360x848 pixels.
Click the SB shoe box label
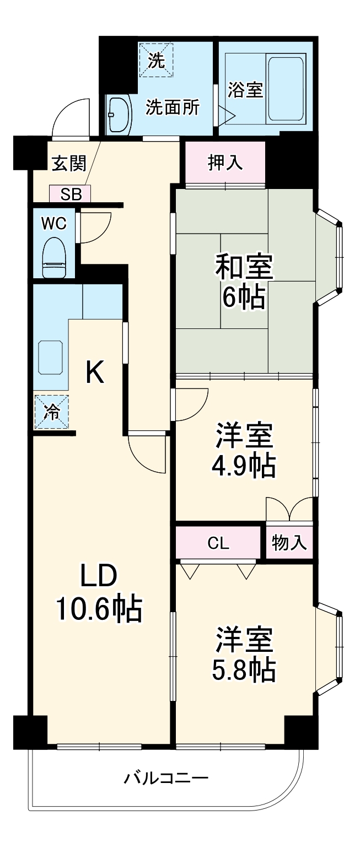(x=70, y=194)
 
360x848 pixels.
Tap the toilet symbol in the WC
(x=54, y=257)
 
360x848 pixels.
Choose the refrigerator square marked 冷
(x=52, y=412)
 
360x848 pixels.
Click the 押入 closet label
(x=225, y=163)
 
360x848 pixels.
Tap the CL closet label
(x=218, y=543)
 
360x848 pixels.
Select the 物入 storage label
(x=289, y=543)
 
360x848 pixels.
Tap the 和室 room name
(x=244, y=268)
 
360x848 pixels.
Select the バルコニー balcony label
(x=166, y=779)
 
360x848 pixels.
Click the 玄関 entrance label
(x=69, y=164)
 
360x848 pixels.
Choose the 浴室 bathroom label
(x=245, y=90)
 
